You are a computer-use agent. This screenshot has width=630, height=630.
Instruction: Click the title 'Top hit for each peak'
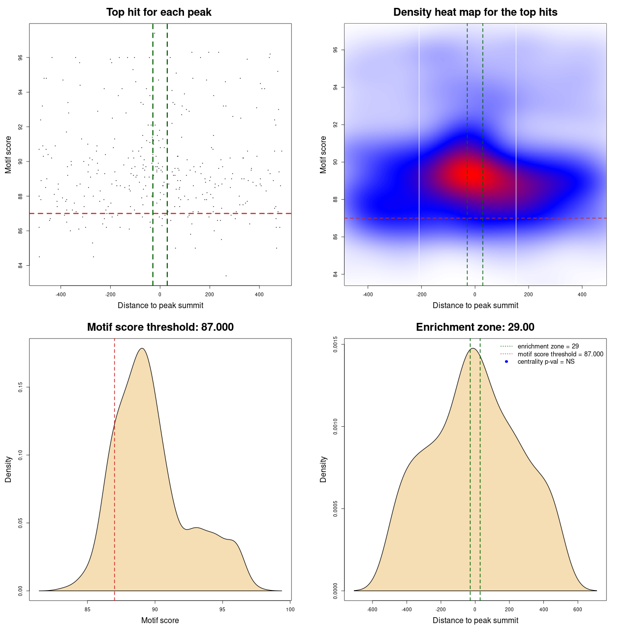(x=159, y=12)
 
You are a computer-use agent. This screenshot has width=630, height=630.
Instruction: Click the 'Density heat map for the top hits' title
(x=475, y=12)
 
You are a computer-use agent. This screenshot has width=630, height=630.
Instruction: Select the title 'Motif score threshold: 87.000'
(x=160, y=327)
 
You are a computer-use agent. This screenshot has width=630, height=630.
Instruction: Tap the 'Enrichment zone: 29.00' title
(x=475, y=327)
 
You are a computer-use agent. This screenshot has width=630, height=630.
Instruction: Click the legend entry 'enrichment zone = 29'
(x=548, y=346)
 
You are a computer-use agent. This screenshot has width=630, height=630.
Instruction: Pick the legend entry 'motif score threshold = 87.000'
(x=560, y=354)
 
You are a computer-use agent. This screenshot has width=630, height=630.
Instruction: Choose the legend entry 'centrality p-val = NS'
(x=546, y=362)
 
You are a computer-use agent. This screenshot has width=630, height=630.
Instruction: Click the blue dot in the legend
(x=506, y=362)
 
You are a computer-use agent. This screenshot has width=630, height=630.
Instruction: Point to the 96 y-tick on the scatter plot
(x=21, y=58)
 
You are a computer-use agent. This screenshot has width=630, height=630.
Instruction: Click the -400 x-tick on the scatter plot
(x=61, y=294)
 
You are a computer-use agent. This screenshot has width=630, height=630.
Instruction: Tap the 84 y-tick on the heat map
(x=335, y=274)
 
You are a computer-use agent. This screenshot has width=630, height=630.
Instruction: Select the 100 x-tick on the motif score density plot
(x=290, y=609)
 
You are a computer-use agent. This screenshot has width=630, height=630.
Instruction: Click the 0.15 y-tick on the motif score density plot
(x=21, y=388)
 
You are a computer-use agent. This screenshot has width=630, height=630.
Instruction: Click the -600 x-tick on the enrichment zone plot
(x=372, y=609)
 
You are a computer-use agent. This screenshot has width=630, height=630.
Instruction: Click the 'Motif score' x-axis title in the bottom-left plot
(x=160, y=621)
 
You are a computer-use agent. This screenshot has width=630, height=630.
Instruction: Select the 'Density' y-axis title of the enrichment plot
(x=323, y=469)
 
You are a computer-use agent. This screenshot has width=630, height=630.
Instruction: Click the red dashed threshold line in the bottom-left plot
(x=115, y=492)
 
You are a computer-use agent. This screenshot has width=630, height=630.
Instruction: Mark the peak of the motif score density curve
(x=142, y=348)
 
